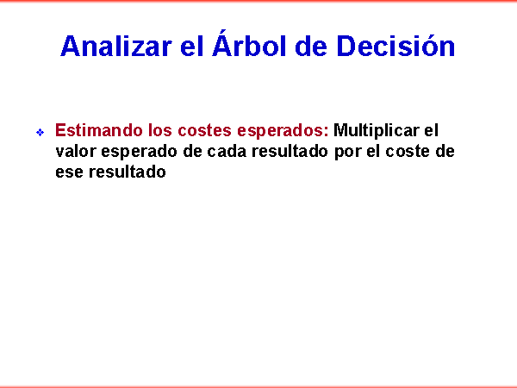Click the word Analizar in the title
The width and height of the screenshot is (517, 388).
(116, 47)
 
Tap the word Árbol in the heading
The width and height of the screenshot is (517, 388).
(249, 43)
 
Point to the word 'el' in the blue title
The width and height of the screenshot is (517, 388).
(192, 46)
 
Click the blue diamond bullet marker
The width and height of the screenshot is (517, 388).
(40, 132)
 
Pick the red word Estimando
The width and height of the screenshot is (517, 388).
(99, 130)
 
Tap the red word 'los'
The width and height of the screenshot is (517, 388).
(160, 130)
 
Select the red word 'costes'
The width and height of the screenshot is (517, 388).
(205, 130)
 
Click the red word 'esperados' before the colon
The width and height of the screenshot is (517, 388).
(281, 132)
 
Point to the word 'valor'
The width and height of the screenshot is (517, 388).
(76, 151)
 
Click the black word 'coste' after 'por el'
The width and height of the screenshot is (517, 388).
(408, 152)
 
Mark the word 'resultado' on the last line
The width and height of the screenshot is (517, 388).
(128, 172)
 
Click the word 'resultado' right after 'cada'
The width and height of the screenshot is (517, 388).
(290, 151)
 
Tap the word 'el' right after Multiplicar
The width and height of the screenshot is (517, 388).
(432, 130)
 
